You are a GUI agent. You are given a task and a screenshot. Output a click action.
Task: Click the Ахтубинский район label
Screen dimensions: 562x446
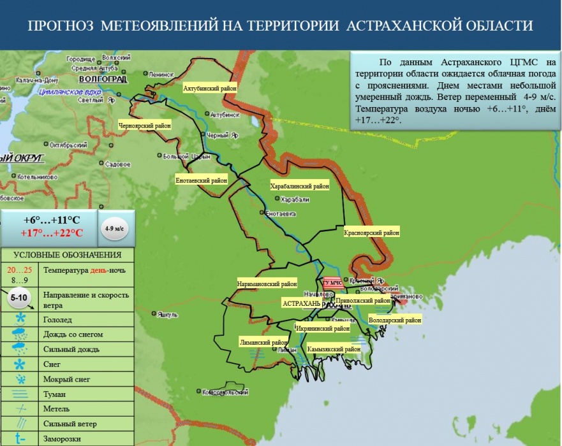(x=209, y=88)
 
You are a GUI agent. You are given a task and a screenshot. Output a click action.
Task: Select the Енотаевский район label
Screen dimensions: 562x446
(x=202, y=181)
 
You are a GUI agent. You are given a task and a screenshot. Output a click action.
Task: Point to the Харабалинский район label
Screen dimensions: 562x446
(x=300, y=187)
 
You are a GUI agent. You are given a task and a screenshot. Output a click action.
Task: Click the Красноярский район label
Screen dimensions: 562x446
(x=371, y=233)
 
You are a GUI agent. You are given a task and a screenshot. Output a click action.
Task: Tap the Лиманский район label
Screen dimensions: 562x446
(x=263, y=342)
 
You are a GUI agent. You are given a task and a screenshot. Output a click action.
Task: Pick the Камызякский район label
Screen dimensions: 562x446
(x=334, y=349)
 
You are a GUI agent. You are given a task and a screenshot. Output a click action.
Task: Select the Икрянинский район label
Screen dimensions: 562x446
(x=323, y=329)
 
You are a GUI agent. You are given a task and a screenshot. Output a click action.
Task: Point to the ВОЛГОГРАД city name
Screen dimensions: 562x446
(x=102, y=79)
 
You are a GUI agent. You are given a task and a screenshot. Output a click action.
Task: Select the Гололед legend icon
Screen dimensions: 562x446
(x=21, y=318)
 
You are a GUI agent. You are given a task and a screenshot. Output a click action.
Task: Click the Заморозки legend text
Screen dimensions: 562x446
(x=62, y=439)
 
